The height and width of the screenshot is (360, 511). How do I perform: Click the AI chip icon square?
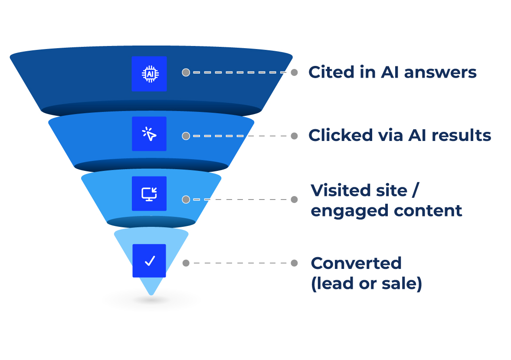click(149, 74)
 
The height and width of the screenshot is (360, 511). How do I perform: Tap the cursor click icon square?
click(149, 134)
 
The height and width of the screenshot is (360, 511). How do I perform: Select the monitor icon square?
click(149, 193)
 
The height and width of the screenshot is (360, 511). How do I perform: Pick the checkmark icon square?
click(149, 261)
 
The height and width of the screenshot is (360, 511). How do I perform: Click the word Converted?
click(356, 263)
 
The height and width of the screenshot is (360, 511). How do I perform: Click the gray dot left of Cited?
click(294, 72)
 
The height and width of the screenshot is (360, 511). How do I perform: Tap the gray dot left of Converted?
click(294, 263)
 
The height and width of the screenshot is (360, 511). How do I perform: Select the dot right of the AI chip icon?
click(186, 72)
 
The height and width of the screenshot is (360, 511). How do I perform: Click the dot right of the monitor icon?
click(186, 200)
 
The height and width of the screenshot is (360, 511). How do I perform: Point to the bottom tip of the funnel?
click(151, 294)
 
